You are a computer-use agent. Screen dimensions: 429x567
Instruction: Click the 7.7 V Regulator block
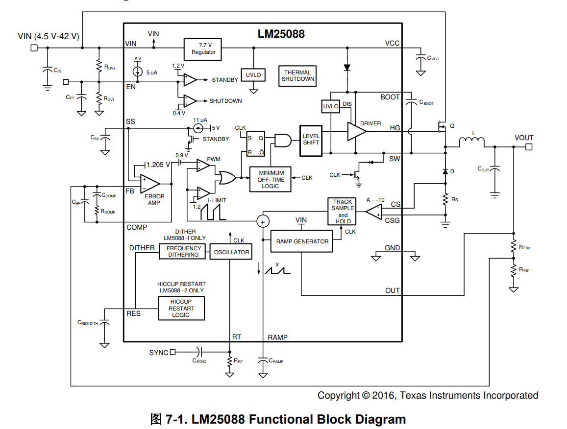(x=203, y=48)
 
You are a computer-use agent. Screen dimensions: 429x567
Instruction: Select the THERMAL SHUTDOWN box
(x=297, y=76)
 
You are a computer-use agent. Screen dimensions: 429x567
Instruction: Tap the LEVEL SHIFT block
(x=311, y=139)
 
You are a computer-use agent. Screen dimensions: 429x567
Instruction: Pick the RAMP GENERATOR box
(x=302, y=241)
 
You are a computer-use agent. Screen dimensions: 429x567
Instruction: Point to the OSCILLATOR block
(x=231, y=252)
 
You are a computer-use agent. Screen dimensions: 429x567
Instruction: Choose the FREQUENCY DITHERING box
(x=183, y=252)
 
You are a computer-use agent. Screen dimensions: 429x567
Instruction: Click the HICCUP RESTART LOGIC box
(x=181, y=309)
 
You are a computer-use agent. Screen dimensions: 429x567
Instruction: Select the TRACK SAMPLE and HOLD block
(x=343, y=212)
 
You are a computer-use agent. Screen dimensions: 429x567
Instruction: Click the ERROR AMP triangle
(x=149, y=184)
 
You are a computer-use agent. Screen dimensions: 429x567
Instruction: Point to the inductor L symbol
(x=472, y=142)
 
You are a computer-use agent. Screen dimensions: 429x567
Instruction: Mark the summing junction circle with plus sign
(x=263, y=221)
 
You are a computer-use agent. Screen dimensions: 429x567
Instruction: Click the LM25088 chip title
(x=281, y=34)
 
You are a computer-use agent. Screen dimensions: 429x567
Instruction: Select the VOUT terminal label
(x=524, y=138)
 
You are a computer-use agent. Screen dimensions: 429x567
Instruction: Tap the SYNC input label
(x=159, y=352)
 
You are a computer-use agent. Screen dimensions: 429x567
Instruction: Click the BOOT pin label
(x=390, y=97)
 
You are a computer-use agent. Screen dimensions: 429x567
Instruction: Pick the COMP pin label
(x=137, y=227)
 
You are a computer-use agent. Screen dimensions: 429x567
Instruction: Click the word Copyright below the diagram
(x=338, y=395)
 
